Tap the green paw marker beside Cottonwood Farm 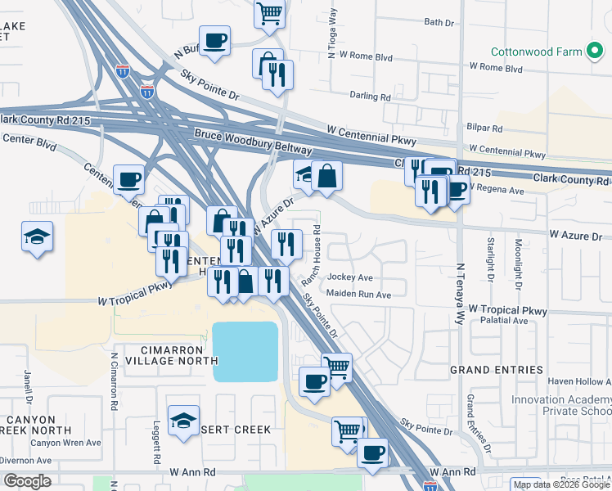(596, 52)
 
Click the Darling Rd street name (370, 96)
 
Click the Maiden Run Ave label (358, 293)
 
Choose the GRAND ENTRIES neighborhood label (497, 370)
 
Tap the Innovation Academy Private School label (561, 405)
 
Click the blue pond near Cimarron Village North (245, 351)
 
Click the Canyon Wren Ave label (65, 443)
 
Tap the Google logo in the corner (26, 481)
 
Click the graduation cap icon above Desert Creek (184, 421)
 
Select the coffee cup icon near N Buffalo (214, 40)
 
